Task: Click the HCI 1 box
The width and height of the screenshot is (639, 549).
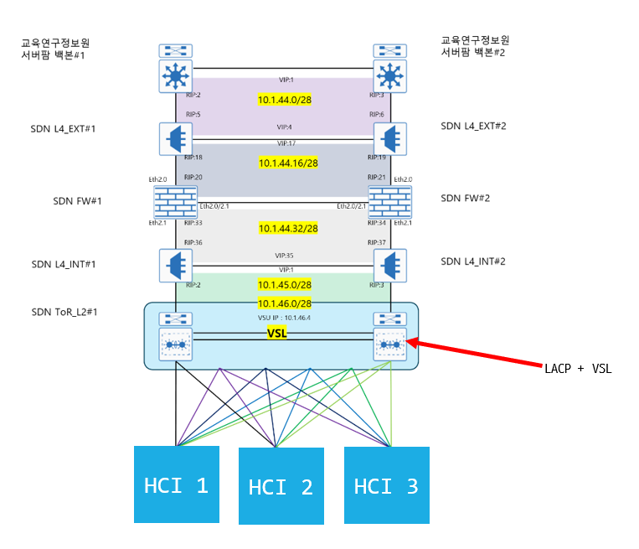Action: [x=176, y=484]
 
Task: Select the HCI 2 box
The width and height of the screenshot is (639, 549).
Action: [x=281, y=486]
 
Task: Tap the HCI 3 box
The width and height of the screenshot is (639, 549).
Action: [x=386, y=485]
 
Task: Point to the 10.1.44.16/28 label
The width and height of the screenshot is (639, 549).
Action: [x=287, y=163]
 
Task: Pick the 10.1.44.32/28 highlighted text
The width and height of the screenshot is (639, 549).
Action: [x=287, y=228]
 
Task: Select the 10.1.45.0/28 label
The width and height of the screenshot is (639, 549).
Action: [x=285, y=284]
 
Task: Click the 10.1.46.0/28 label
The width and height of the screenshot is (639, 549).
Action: [x=285, y=303]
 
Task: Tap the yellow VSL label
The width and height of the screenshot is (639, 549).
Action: [x=277, y=333]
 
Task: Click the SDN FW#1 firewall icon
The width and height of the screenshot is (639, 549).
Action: [x=175, y=202]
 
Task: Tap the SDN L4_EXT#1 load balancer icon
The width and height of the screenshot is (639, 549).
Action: [x=176, y=139]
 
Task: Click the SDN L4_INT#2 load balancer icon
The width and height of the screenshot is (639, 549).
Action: [x=389, y=266]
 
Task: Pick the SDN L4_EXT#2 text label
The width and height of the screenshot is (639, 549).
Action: [x=473, y=127]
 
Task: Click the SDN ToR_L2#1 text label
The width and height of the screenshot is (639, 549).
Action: [x=64, y=313]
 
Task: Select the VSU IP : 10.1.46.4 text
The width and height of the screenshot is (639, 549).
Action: [x=285, y=318]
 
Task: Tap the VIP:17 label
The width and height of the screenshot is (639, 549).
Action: [x=286, y=143]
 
